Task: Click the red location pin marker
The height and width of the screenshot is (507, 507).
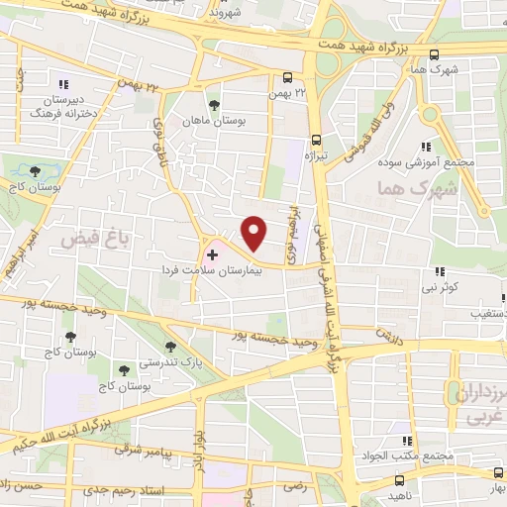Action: pyautogui.click(x=254, y=234)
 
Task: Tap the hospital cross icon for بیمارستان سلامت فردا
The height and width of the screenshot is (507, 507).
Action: pyautogui.click(x=211, y=255)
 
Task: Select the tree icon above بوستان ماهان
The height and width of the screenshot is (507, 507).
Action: pyautogui.click(x=213, y=104)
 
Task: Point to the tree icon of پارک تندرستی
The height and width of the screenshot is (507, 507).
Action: pyautogui.click(x=171, y=346)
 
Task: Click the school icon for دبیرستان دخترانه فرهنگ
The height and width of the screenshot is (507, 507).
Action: pyautogui.click(x=65, y=85)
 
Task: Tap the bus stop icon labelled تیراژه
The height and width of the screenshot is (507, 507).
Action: pyautogui.click(x=316, y=140)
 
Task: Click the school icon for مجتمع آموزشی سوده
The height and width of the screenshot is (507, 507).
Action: pyautogui.click(x=430, y=145)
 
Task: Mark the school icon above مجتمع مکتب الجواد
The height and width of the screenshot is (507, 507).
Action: pyautogui.click(x=405, y=442)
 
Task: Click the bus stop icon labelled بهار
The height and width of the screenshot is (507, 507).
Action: pyautogui.click(x=496, y=473)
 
